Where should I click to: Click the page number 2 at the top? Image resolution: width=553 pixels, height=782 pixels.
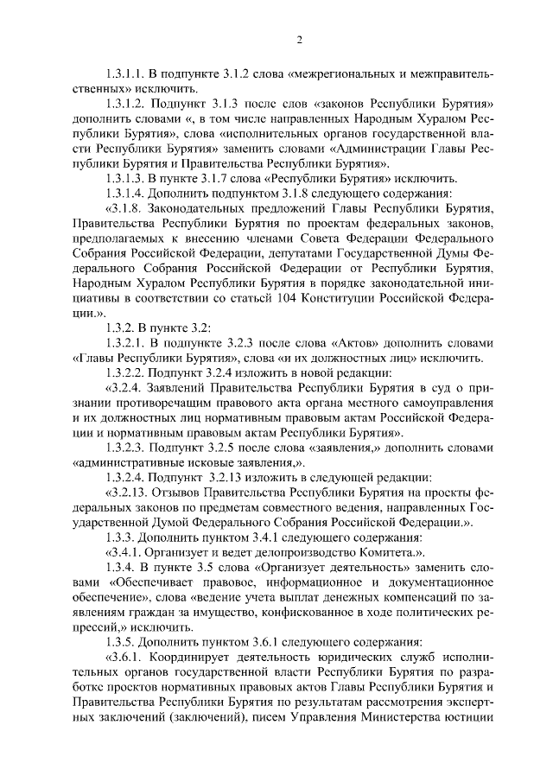298,40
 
